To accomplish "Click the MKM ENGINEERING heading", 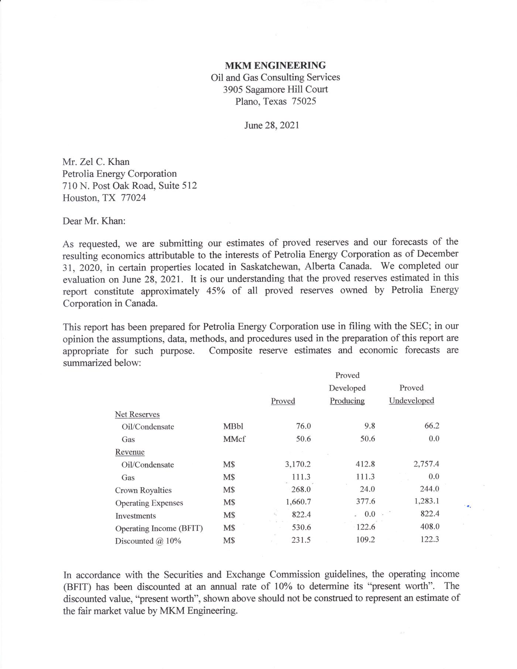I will (275, 66).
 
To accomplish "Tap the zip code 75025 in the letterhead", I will (304, 101).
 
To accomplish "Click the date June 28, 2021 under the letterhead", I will (271, 125).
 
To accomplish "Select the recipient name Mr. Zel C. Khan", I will (96, 162).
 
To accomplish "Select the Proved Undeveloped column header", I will (411, 394).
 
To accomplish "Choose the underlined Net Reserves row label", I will (137, 415).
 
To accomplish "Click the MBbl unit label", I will (233, 427).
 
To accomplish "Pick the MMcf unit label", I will (234, 439).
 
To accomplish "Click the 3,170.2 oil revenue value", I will (298, 464).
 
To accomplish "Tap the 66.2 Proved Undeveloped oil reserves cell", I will (432, 426).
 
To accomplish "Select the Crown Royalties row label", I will (143, 491).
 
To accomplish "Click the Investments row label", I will (136, 516).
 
